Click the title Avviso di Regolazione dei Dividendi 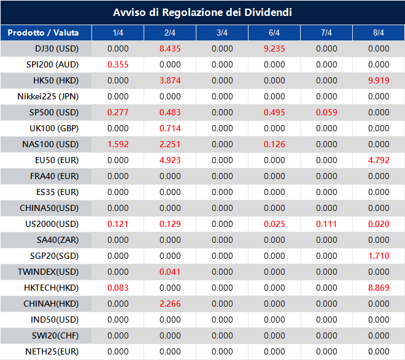(x=202, y=12)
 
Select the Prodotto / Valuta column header (x=44, y=33)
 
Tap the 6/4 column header (x=274, y=33)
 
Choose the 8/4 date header (x=379, y=33)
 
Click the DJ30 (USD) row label (x=57, y=48)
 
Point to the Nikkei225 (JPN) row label (x=48, y=96)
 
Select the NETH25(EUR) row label (x=52, y=351)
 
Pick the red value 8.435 (x=170, y=48)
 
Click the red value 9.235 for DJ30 (x=274, y=48)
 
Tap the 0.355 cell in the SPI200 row (x=118, y=64)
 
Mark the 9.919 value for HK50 (x=379, y=80)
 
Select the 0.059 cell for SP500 (x=326, y=112)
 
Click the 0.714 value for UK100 (x=170, y=128)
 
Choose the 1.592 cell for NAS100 (x=118, y=144)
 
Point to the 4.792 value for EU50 (x=379, y=160)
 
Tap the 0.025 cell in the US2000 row (x=274, y=224)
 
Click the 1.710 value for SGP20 (x=379, y=256)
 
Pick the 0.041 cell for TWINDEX (x=170, y=272)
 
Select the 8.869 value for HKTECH (x=379, y=288)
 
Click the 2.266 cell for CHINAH (x=170, y=304)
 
